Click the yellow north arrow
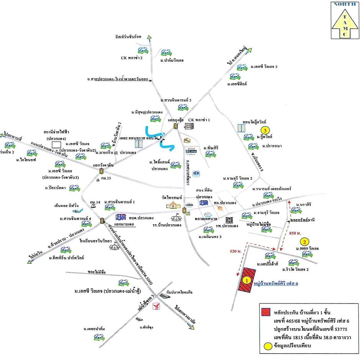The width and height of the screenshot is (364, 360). point(346,25)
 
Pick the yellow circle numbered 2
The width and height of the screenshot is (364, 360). point(304,242)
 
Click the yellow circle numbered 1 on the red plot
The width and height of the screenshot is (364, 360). point(247,280)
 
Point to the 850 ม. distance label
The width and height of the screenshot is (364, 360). point(294,233)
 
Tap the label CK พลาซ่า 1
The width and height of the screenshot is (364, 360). point(199,120)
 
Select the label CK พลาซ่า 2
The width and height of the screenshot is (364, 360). point(132,58)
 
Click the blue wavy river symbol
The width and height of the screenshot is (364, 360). point(159,138)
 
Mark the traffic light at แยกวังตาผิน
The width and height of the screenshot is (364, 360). point(102,171)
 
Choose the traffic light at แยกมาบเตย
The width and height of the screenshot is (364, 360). point(102,220)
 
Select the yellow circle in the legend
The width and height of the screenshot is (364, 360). point(265,346)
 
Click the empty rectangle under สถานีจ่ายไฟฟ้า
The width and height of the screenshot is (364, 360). point(56,144)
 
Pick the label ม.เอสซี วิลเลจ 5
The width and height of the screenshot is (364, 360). point(264,67)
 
